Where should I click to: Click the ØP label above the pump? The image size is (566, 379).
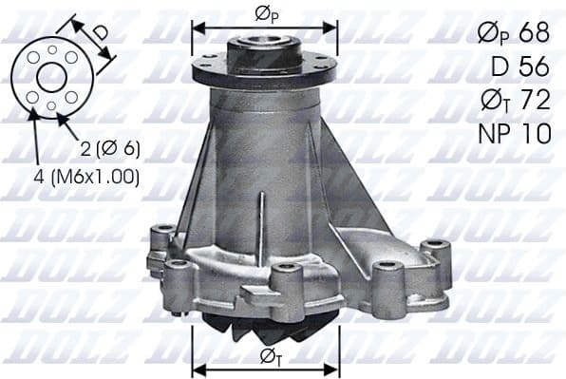click(266, 13)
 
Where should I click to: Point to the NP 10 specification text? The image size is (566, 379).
click(513, 134)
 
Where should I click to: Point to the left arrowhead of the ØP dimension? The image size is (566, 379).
click(197, 26)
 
